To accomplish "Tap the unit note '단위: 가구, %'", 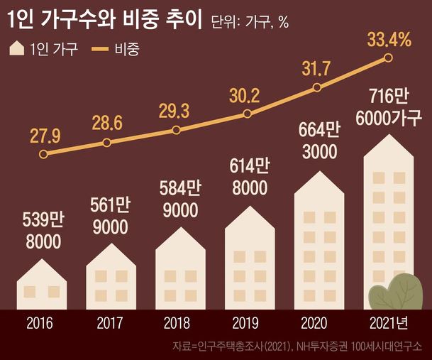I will pos(250,21).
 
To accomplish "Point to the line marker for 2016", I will pos(44,153).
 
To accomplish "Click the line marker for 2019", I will pos(247,114).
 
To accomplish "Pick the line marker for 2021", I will pos(388,58).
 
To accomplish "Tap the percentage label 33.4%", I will pos(389,40).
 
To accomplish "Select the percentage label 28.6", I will pos(106,124).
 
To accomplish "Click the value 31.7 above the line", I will pos(316,70).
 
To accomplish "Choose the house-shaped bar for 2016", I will pos(41,285).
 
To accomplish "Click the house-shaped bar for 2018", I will pos(180,270).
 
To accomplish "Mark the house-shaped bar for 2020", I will pos(319,241).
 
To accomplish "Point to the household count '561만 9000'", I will pos(109,216).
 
